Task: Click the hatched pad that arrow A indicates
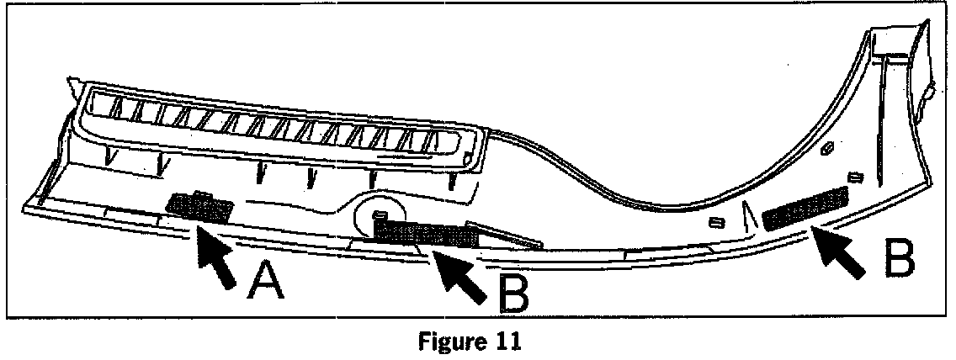pos(199,207)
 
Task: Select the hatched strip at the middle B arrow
pos(425,233)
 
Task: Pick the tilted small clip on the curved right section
pos(826,150)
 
